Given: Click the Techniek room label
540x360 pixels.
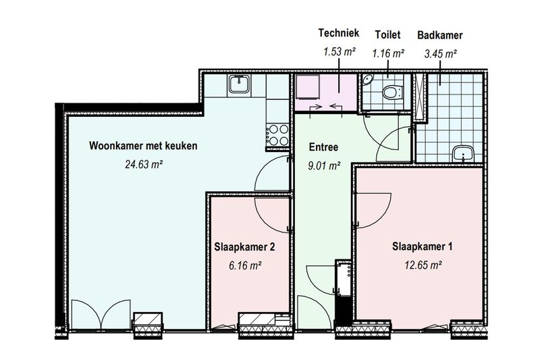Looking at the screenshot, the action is tap(339, 33).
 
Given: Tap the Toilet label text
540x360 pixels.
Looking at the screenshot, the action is tap(387, 34).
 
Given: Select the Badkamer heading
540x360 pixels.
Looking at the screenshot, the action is tap(440, 35).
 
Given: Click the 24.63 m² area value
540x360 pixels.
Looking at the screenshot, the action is tap(144, 164).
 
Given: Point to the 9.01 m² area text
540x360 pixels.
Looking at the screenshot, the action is tap(324, 165).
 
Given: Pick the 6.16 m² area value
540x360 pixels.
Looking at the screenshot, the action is tap(244, 265).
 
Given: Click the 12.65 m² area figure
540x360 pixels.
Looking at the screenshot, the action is tap(423, 265).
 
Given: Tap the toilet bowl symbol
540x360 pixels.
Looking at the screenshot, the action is tap(392, 93).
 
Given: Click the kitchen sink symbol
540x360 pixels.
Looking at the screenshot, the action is tap(239, 84).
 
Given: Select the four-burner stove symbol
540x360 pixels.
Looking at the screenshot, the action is tap(278, 135).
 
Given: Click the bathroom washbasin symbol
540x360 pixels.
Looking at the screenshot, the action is tap(464, 154).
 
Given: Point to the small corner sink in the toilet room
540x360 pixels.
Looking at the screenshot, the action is tap(367, 80).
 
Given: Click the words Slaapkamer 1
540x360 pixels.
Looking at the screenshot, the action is tap(423, 247).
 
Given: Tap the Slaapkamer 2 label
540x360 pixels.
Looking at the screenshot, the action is tap(244, 247).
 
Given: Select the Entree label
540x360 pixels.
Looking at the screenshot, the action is tap(323, 147).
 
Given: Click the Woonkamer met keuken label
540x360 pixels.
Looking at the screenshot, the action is tap(143, 145).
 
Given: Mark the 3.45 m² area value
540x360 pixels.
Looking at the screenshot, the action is tap(441, 54).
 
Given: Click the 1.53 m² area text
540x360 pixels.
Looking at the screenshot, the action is tap(340, 52).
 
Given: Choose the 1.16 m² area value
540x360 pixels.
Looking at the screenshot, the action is tap(388, 53).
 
